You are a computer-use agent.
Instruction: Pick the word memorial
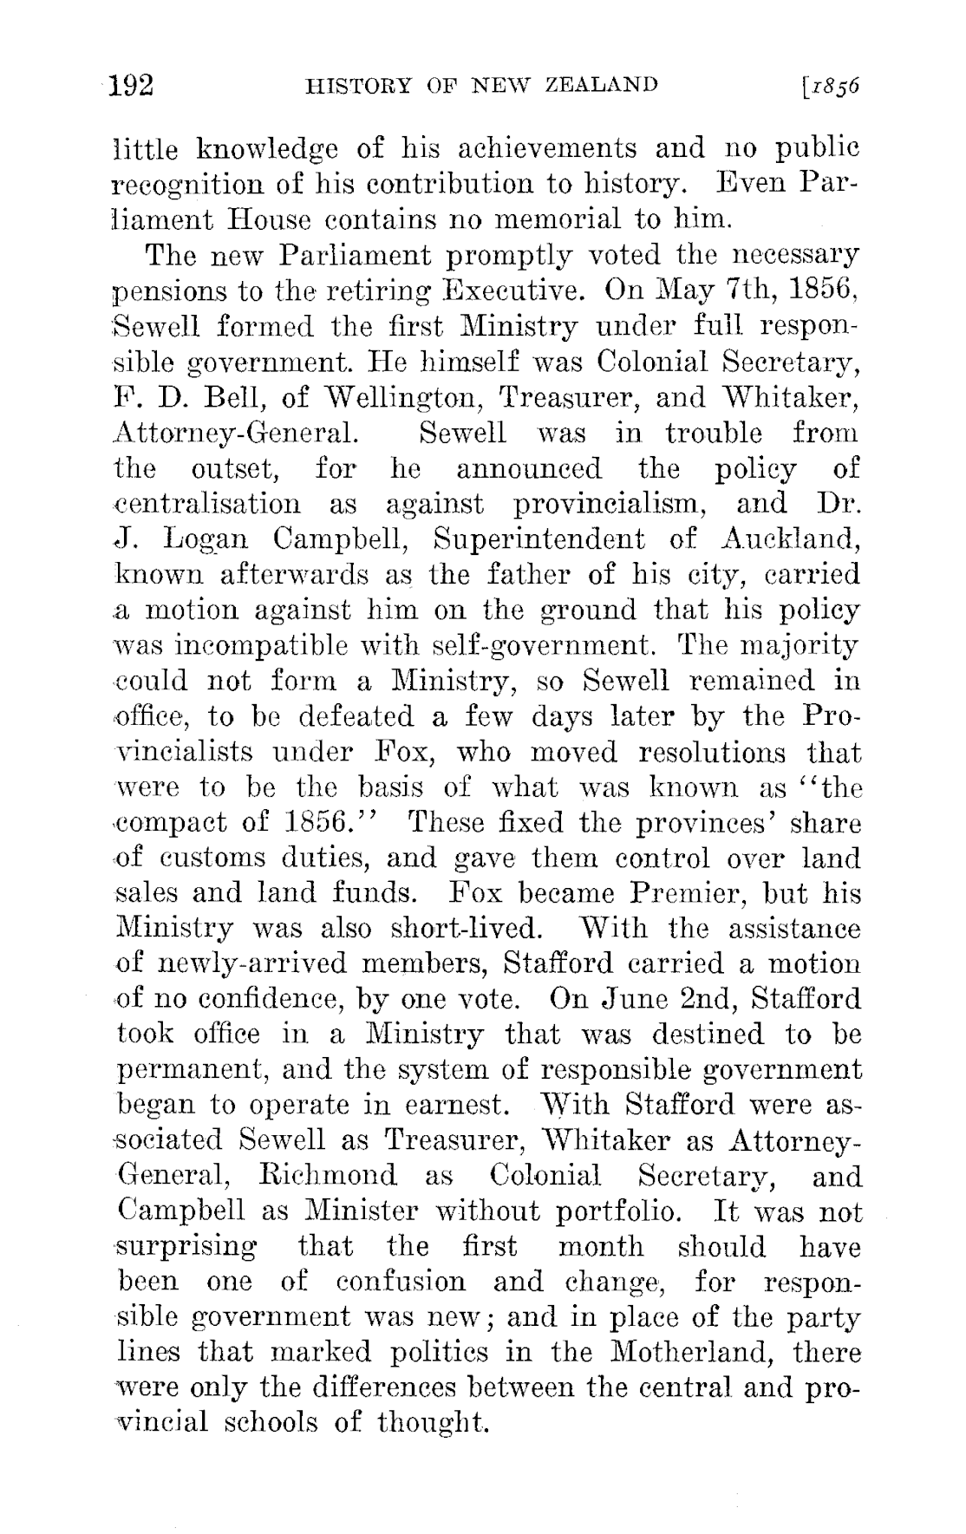tap(584, 219)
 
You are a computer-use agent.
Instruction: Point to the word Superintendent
tap(539, 539)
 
